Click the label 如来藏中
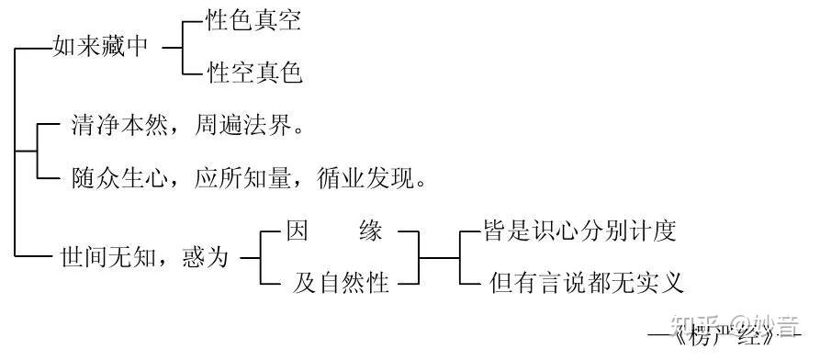pyautogui.click(x=101, y=48)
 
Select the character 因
pyautogui.click(x=296, y=231)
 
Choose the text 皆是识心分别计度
pyautogui.click(x=579, y=231)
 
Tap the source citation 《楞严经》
pyautogui.click(x=735, y=338)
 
